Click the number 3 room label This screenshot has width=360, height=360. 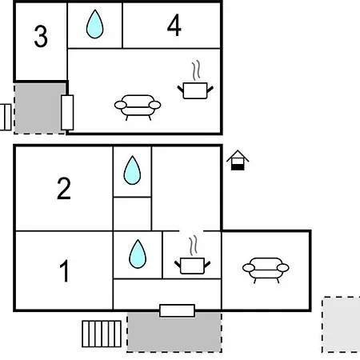[41, 36]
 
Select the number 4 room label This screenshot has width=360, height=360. [174, 26]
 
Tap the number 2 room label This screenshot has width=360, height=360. [64, 189]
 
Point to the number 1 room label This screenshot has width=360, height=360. [64, 270]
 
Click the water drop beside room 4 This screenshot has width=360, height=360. [94, 24]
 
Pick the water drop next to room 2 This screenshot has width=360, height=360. [132, 170]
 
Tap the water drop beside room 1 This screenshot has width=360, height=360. [138, 254]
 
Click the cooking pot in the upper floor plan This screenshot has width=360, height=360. [195, 80]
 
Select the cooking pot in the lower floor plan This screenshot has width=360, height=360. [192, 255]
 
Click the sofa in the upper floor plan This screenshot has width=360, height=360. [138, 107]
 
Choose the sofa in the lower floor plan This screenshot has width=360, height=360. [266, 270]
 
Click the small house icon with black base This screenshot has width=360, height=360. [238, 160]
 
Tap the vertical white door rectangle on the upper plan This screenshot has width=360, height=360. [67, 112]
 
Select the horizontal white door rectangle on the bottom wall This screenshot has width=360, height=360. [177, 310]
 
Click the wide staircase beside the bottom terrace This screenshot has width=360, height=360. [102, 334]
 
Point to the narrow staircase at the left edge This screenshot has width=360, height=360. [6, 117]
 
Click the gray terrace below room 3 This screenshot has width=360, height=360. [39, 109]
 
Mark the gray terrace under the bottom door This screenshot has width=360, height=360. [174, 332]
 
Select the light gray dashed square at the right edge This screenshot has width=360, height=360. [341, 325]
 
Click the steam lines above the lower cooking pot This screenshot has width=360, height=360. [194, 246]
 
